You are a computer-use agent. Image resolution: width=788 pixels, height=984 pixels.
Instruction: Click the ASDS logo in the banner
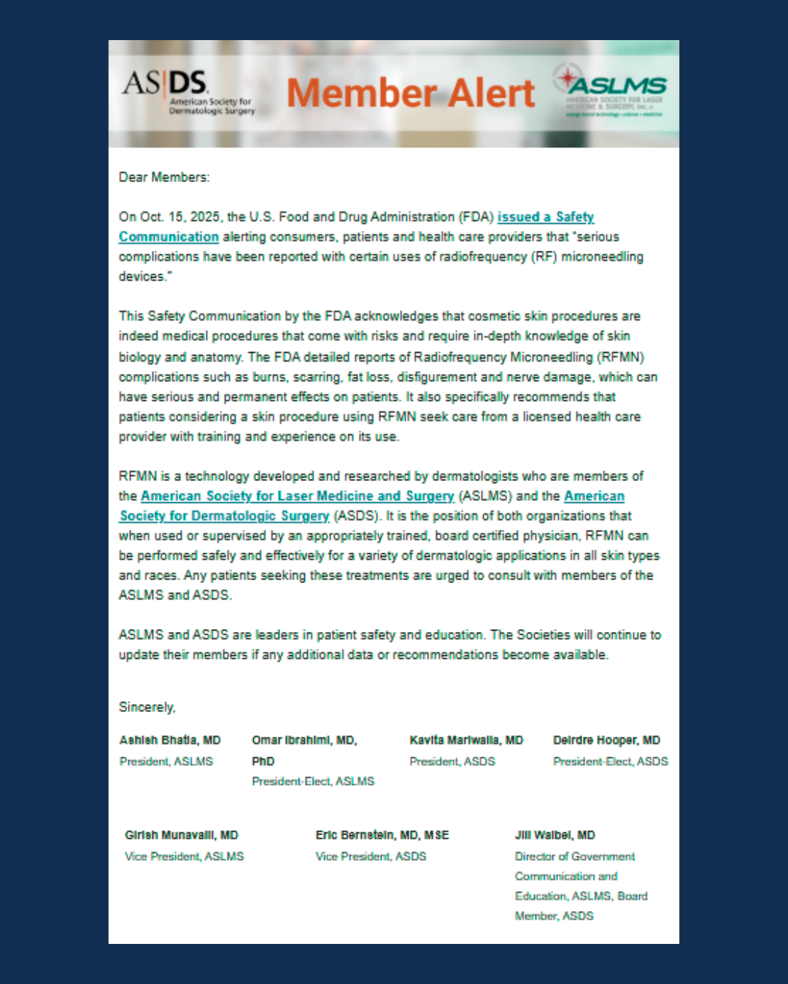pyautogui.click(x=188, y=92)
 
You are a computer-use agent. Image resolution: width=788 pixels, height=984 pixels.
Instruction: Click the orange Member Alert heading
pyautogui.click(x=411, y=93)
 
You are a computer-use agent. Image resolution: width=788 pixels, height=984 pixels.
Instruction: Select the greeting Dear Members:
pyautogui.click(x=164, y=177)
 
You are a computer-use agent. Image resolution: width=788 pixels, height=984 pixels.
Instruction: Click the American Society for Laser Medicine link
pyautogui.click(x=297, y=496)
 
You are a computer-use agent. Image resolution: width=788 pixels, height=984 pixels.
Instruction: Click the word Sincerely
pyautogui.click(x=147, y=707)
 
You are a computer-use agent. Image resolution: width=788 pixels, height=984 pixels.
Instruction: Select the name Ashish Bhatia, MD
pyautogui.click(x=170, y=741)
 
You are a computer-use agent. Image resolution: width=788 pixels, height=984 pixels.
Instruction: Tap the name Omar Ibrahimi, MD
pyautogui.click(x=304, y=741)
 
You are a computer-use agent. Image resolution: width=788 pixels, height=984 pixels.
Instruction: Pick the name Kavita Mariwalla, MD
pyautogui.click(x=466, y=741)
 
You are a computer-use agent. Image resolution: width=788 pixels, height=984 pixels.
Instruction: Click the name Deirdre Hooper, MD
pyautogui.click(x=606, y=741)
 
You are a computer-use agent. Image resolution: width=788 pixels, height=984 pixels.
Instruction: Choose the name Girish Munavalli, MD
pyautogui.click(x=182, y=835)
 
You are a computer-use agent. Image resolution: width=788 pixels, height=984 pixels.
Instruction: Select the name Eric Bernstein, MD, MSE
pyautogui.click(x=382, y=835)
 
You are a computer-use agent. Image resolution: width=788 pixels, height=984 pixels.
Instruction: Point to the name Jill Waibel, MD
pyautogui.click(x=555, y=835)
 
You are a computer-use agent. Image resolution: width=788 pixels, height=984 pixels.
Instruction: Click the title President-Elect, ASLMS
pyautogui.click(x=313, y=781)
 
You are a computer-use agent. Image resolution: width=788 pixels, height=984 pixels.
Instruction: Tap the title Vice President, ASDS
pyautogui.click(x=371, y=856)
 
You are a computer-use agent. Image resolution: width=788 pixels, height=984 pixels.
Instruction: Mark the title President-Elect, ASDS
pyautogui.click(x=611, y=762)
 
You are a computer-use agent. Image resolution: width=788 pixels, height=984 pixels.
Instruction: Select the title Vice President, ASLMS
pyautogui.click(x=185, y=856)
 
